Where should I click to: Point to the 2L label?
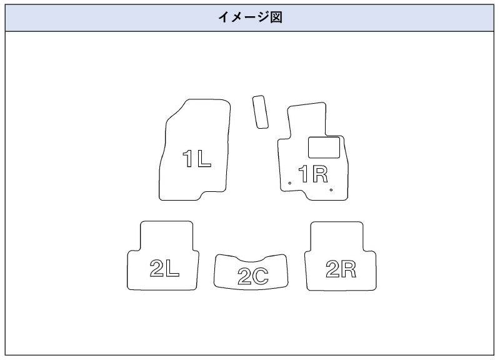[165, 269]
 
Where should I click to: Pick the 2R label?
[341, 269]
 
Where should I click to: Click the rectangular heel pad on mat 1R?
[324, 147]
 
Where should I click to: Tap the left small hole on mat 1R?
[289, 182]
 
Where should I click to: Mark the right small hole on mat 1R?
[331, 189]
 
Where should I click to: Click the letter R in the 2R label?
[349, 269]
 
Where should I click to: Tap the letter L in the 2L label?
[173, 269]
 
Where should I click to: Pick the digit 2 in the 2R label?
[332, 269]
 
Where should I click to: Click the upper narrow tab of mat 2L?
[166, 236]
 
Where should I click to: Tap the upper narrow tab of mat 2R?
[336, 236]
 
